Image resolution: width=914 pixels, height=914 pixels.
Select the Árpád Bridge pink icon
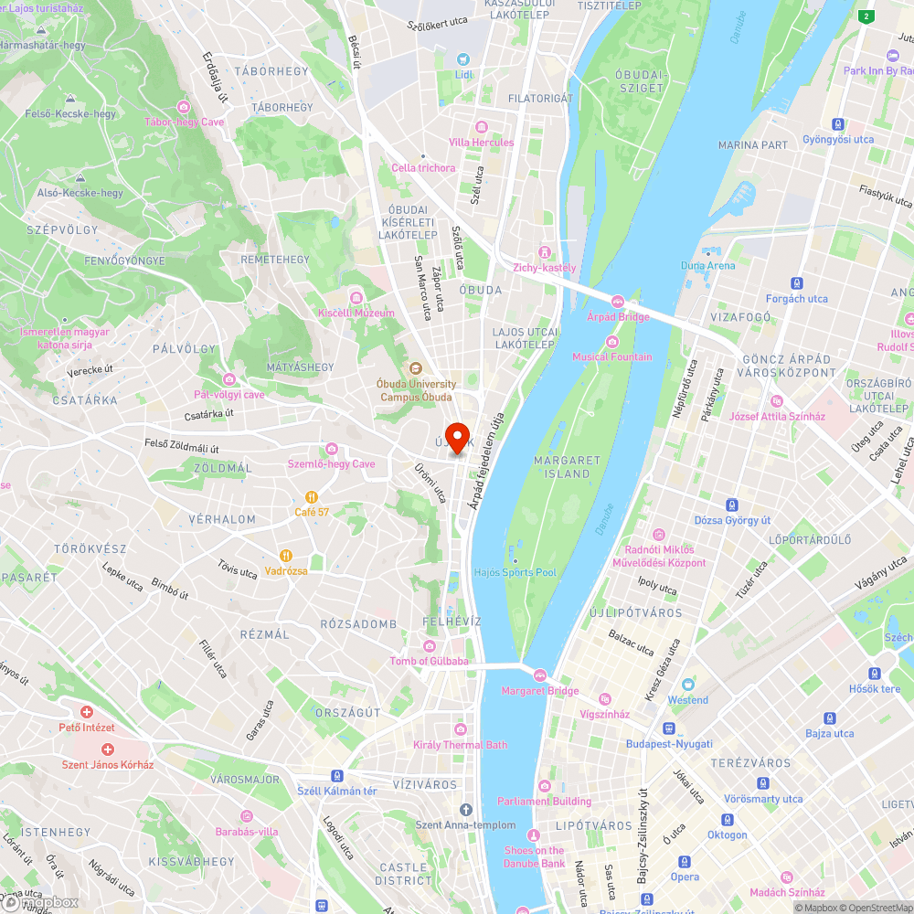tap(618, 302)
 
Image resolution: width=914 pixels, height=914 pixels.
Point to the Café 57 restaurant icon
tap(311, 496)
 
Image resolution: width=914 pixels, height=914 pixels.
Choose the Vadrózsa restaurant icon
tap(286, 554)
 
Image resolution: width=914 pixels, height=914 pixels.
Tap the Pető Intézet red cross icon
tap(87, 711)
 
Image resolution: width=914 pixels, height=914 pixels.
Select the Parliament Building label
tap(544, 802)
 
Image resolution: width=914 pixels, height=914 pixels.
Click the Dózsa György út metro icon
tap(731, 505)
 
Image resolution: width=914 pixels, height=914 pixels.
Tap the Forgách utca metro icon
tap(796, 283)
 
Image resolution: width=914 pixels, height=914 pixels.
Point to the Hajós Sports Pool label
tap(515, 572)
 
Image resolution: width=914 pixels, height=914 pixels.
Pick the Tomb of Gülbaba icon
tap(429, 645)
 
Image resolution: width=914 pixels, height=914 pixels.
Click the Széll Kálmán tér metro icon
tap(337, 775)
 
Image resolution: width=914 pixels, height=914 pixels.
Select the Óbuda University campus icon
tap(415, 368)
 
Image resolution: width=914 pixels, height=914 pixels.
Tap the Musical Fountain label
tap(612, 356)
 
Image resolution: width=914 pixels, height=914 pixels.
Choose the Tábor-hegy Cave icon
tap(184, 107)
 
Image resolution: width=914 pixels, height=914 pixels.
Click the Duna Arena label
tap(707, 265)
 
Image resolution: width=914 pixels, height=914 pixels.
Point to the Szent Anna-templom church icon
tap(465, 809)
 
